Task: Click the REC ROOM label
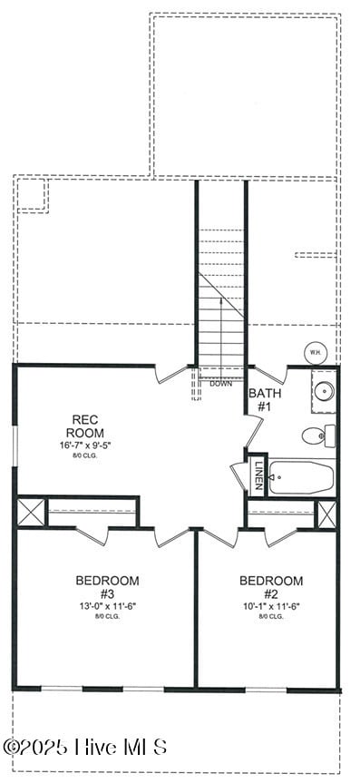click(x=91, y=426)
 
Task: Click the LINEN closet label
click(x=258, y=475)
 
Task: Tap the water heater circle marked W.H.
click(x=315, y=352)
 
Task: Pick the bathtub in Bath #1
click(x=300, y=476)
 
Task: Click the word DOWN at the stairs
click(x=220, y=384)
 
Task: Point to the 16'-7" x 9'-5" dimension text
click(x=91, y=445)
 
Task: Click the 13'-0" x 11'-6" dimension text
click(x=107, y=605)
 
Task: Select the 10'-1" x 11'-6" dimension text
click(x=271, y=605)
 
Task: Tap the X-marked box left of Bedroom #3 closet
click(x=31, y=512)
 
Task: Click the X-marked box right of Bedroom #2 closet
click(x=326, y=514)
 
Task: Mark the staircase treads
click(x=221, y=299)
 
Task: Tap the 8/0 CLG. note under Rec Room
click(x=91, y=456)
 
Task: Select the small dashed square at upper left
click(x=32, y=195)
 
